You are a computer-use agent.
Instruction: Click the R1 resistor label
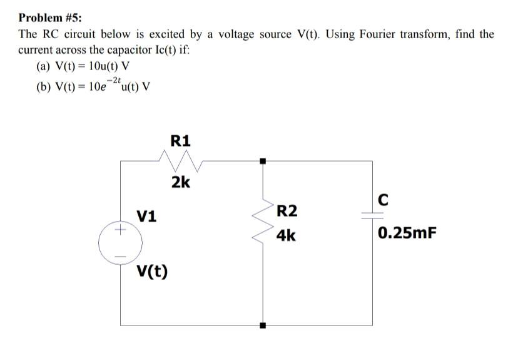coord(180,140)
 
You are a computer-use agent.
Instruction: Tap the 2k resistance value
coord(181,183)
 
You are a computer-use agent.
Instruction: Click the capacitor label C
coord(383,200)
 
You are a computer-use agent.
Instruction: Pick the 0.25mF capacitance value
coord(406,234)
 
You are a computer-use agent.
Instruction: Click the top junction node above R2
coord(263,162)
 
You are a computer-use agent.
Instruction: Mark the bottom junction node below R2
coord(263,325)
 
